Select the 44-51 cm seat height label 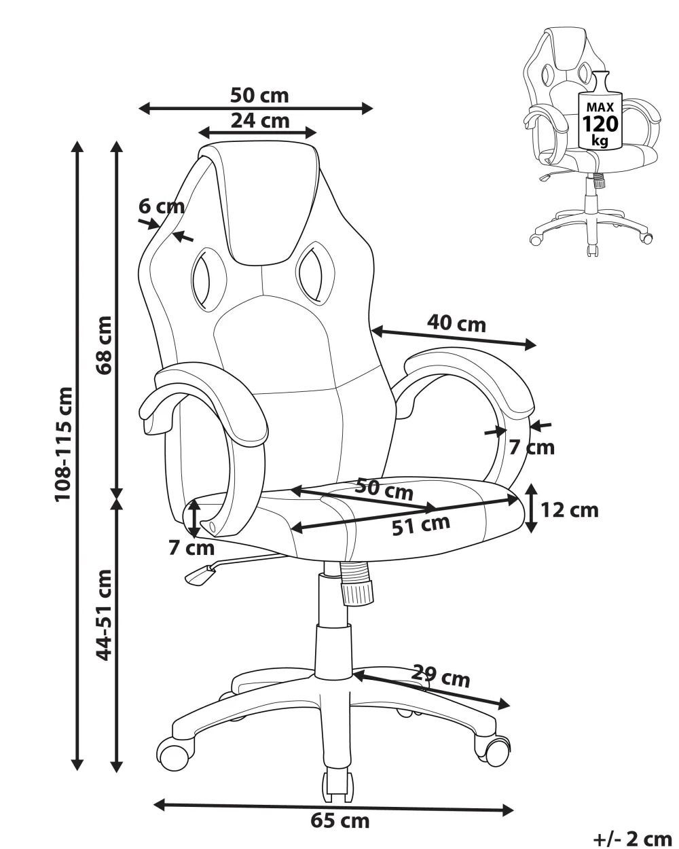[x=103, y=614]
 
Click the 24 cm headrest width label [x=259, y=121]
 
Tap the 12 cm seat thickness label [x=570, y=509]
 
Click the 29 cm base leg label [x=441, y=677]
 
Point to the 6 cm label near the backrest [x=162, y=206]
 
